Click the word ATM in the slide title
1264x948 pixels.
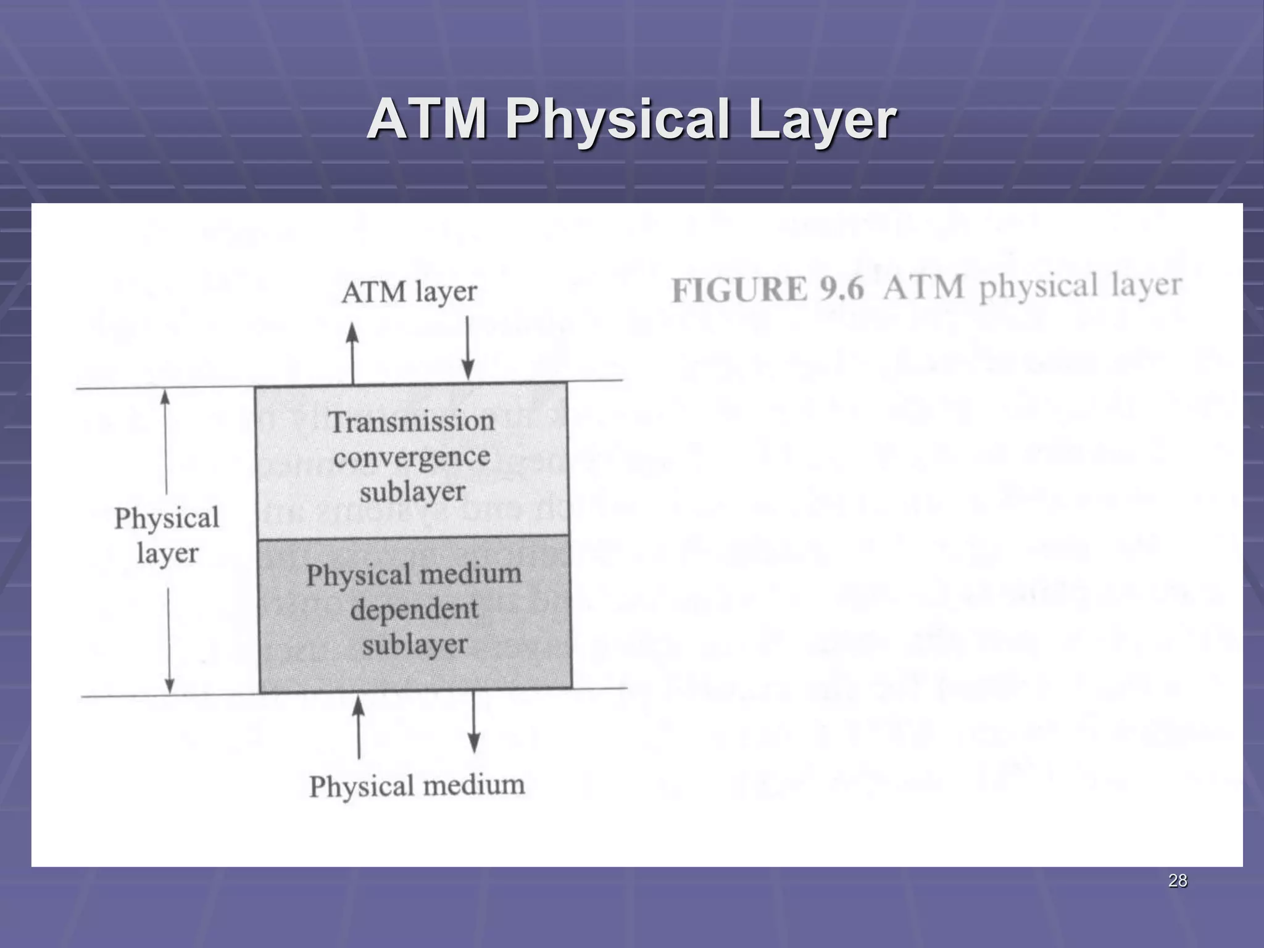[426, 120]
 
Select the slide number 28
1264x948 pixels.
[1178, 881]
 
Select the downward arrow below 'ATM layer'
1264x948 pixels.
[468, 349]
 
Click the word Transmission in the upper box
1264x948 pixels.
[412, 422]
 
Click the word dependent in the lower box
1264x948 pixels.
[414, 610]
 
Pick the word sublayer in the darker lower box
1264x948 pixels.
[415, 645]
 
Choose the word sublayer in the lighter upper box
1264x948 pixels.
[412, 493]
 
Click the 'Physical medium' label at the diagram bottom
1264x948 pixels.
[417, 786]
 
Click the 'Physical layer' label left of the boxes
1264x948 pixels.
[167, 535]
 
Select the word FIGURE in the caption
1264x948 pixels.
[739, 290]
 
